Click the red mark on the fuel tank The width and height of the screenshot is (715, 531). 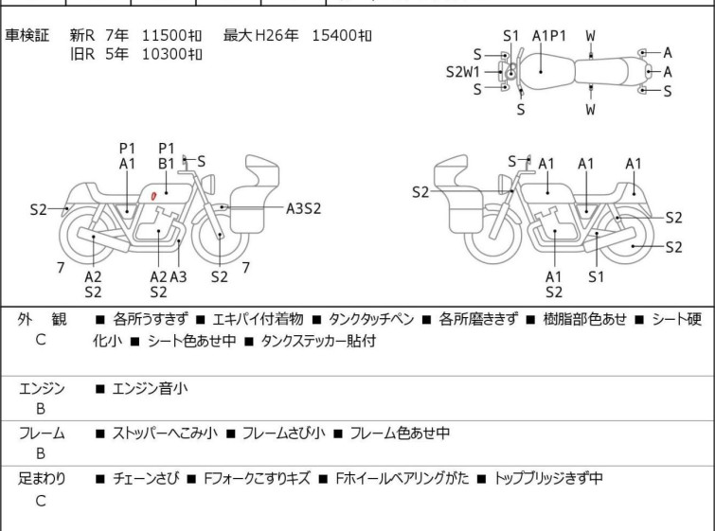click(x=153, y=196)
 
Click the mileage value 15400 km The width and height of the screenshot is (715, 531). click(x=342, y=35)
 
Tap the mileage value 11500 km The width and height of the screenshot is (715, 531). click(x=171, y=35)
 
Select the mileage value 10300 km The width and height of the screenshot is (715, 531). click(x=171, y=54)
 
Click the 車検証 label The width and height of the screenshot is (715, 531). click(x=27, y=35)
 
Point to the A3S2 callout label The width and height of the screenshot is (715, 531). click(x=304, y=208)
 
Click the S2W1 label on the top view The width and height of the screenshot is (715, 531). click(x=463, y=72)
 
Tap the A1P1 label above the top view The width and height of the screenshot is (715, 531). click(x=549, y=36)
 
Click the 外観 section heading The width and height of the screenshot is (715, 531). click(x=42, y=319)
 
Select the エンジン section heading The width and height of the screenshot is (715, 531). click(x=42, y=389)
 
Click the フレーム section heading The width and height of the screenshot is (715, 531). click(x=42, y=433)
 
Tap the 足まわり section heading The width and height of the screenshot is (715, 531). click(x=42, y=479)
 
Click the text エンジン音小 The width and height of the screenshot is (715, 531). click(x=150, y=389)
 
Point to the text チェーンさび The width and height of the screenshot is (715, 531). click(x=146, y=479)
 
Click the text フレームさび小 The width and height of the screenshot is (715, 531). click(x=283, y=433)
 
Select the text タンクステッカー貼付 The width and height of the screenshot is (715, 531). click(x=318, y=341)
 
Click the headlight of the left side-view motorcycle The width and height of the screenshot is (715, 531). click(x=208, y=184)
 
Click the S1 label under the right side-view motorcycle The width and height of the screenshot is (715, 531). click(x=596, y=276)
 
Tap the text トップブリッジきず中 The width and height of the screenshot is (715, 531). click(x=548, y=479)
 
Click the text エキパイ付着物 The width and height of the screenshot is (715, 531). click(x=259, y=319)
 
